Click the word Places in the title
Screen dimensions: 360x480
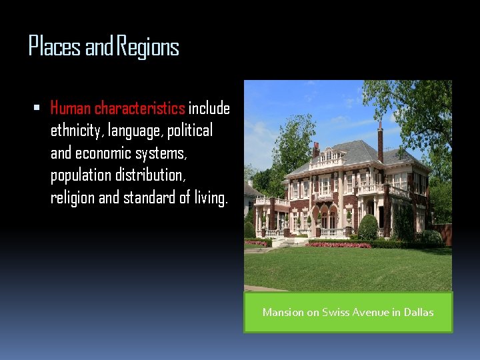pos(55,47)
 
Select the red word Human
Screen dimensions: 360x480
pos(71,108)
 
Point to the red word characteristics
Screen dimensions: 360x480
pos(139,108)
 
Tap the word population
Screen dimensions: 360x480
pos(82,176)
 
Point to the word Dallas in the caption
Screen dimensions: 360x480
pos(419,312)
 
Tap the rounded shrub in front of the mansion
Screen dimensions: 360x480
pos(368,227)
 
